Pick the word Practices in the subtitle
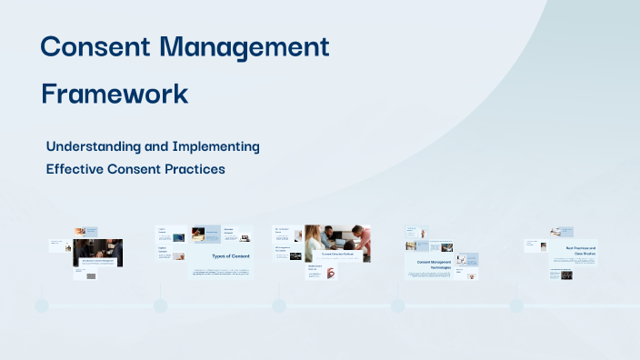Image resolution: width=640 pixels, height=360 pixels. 192,168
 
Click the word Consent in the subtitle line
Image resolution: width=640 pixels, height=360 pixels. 133,168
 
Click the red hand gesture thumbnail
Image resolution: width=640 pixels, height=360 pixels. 329,271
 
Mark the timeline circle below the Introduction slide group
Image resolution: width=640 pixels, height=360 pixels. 42,305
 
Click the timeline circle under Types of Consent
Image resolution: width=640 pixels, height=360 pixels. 160,305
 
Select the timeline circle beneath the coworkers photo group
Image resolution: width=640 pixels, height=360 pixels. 279,305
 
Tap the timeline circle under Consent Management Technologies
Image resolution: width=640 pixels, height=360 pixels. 398,305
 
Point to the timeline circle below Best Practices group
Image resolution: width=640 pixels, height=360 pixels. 516,305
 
